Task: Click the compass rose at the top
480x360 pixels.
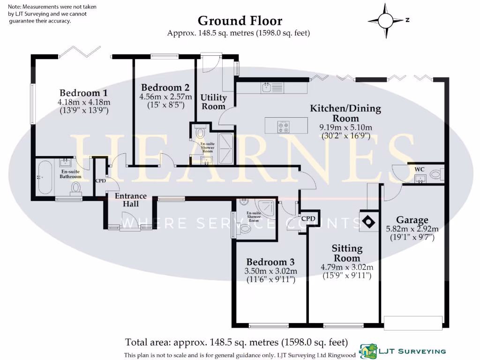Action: pos(386,21)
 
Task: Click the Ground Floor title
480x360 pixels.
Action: pos(240,21)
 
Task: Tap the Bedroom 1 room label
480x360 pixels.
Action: pos(83,93)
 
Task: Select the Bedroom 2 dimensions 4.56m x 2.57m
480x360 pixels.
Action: pos(165,97)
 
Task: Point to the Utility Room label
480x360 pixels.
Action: pos(213,102)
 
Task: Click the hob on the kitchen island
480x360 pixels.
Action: pos(284,127)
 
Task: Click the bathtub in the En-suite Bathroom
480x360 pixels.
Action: pos(45,177)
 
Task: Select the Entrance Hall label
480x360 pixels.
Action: pos(131,200)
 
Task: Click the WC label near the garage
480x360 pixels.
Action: pos(420,169)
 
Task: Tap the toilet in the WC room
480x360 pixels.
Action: pos(437,174)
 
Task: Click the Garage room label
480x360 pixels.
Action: pos(412,220)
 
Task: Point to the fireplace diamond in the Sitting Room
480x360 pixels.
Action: pos(368,222)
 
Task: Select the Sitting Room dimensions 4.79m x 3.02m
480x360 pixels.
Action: pos(347,267)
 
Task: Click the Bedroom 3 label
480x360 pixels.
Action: pos(270,262)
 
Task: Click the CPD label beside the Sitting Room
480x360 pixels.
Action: pos(308,218)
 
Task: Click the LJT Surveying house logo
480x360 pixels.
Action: pos(368,351)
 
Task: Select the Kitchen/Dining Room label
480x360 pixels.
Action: pos(345,113)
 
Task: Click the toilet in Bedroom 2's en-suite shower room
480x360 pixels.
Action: pos(200,132)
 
